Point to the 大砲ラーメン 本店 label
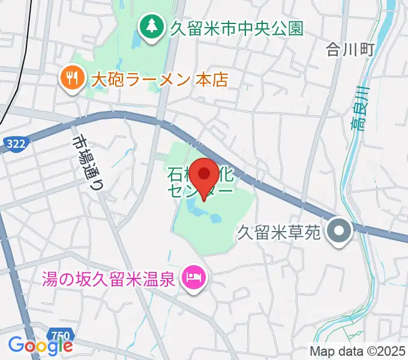159,79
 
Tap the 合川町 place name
350,49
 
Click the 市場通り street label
86,160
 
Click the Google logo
40,345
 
